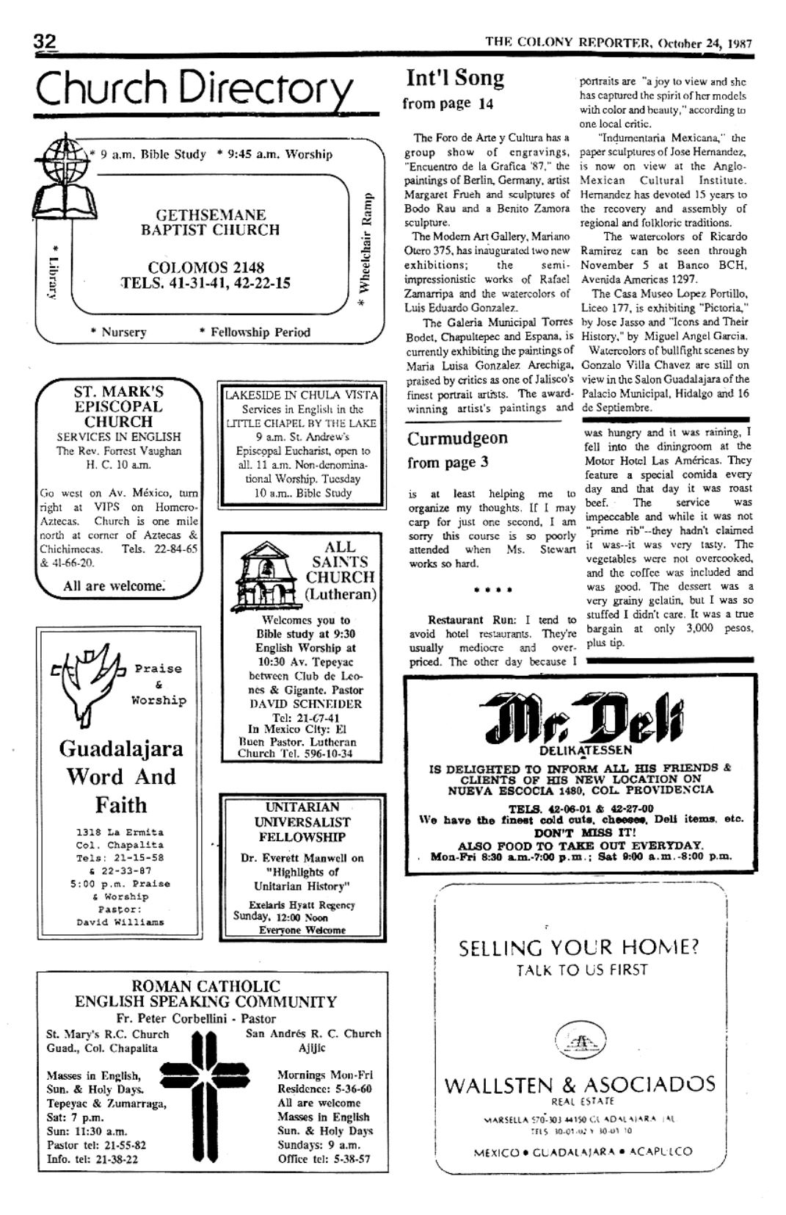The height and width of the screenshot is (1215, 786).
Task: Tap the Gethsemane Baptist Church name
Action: [x=210, y=223]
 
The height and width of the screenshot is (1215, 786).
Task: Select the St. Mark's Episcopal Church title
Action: [x=118, y=406]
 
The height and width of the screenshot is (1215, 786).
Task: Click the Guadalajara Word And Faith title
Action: [x=121, y=776]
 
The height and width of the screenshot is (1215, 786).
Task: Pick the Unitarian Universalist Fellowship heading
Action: [x=302, y=822]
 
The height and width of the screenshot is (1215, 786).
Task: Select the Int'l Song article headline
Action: [x=455, y=78]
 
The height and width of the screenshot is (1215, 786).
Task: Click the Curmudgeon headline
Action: [x=457, y=439]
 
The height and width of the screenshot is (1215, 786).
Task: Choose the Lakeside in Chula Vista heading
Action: [x=301, y=394]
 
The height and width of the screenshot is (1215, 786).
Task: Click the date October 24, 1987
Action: [x=705, y=43]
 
